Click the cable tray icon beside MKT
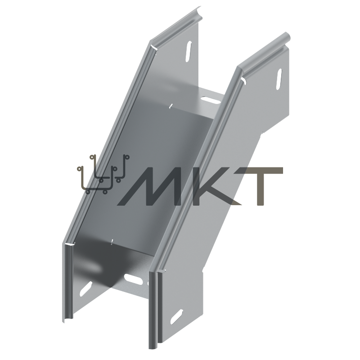point(103,174)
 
